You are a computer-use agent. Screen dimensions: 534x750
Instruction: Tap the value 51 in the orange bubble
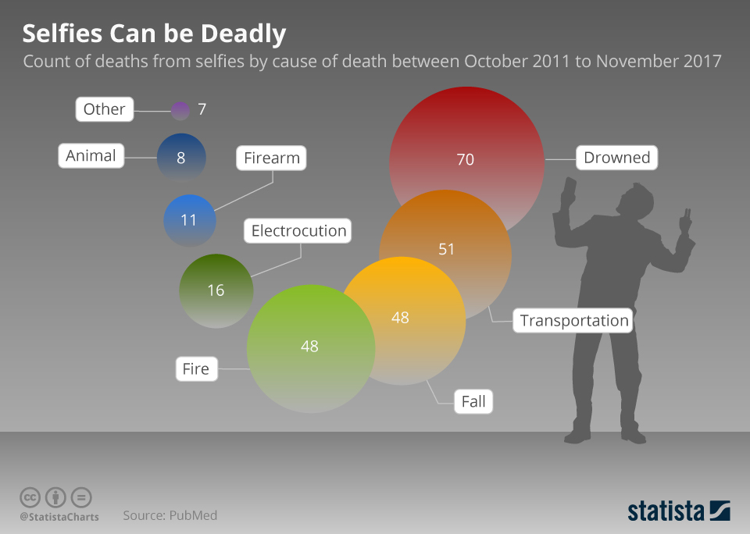point(446,249)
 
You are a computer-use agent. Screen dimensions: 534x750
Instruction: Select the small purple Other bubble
point(180,110)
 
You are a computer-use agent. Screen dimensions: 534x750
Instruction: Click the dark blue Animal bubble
point(181,157)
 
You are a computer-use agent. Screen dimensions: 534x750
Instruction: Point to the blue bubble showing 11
point(189,220)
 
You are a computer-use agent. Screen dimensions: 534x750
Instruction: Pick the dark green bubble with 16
point(216,290)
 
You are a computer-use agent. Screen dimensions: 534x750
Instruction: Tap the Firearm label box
point(271,158)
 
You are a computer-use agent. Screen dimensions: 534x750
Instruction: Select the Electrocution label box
point(298,231)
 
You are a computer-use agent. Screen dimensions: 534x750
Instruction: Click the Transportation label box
point(574,320)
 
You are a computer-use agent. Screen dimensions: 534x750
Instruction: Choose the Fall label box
point(473,402)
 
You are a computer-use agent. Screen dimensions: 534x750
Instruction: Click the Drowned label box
point(616,158)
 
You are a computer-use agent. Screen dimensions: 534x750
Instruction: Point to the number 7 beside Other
point(202,109)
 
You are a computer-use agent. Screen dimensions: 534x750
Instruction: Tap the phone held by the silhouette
point(568,188)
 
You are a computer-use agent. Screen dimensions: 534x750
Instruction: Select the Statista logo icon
point(720,511)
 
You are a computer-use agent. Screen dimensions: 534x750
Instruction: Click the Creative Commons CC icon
point(30,497)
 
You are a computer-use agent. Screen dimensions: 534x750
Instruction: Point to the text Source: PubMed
point(170,515)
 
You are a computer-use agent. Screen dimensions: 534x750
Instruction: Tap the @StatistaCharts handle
point(59,516)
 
